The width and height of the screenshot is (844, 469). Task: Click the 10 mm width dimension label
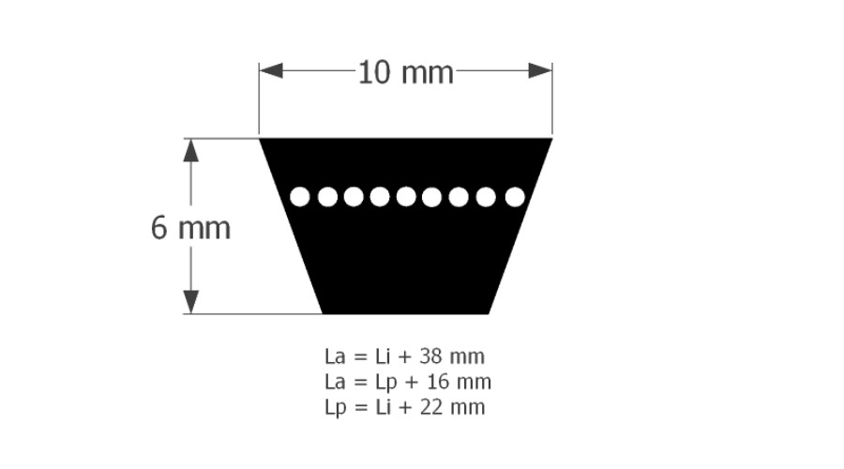click(x=406, y=72)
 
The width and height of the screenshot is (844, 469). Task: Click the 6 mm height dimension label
click(x=190, y=227)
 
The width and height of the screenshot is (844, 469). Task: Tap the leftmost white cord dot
click(x=300, y=197)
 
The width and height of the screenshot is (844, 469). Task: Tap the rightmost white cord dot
click(x=515, y=197)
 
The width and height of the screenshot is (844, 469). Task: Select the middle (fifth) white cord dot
click(x=406, y=197)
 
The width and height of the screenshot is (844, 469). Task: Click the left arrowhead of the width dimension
click(x=271, y=70)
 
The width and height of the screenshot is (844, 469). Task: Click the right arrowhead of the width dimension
click(x=540, y=70)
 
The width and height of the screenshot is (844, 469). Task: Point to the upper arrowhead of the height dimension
click(x=191, y=150)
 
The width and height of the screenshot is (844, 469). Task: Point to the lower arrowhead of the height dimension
click(x=191, y=302)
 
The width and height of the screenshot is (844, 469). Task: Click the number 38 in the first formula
click(x=430, y=356)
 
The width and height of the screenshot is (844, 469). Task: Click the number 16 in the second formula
click(x=438, y=382)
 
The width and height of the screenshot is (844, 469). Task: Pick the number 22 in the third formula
click(x=430, y=407)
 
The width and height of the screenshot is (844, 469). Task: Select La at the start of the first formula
click(x=335, y=356)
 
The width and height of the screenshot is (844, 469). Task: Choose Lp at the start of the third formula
click(x=336, y=408)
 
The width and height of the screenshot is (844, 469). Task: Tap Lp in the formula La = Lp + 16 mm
click(x=386, y=383)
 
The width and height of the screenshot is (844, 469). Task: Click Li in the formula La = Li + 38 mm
click(x=383, y=356)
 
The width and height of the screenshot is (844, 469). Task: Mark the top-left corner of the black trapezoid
click(x=260, y=139)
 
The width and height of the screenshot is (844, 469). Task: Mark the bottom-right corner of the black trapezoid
click(x=489, y=313)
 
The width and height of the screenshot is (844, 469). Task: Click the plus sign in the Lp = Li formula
click(x=405, y=408)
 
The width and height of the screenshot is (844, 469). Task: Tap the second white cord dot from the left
click(x=327, y=197)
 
